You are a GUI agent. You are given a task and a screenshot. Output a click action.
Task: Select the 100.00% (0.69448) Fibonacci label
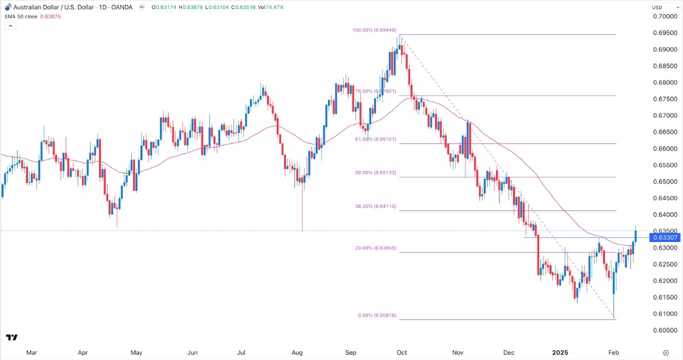click(374, 30)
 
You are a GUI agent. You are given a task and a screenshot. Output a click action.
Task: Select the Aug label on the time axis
click(297, 352)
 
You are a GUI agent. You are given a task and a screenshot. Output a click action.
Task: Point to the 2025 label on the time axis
click(560, 352)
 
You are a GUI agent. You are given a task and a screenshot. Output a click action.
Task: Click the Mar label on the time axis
click(31, 352)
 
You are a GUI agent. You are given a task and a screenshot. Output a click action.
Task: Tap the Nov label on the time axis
click(457, 352)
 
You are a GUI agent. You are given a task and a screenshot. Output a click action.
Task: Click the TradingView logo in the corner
click(12, 337)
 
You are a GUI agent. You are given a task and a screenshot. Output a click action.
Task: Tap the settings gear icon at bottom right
click(665, 352)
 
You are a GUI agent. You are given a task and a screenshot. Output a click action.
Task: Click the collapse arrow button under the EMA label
click(10, 25)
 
